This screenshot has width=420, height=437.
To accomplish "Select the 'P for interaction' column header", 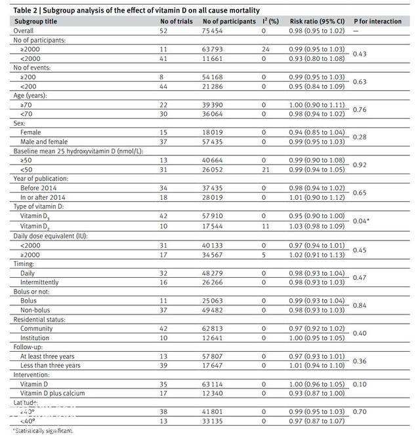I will point(377,21).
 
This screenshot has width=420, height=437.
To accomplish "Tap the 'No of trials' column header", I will point(177,21).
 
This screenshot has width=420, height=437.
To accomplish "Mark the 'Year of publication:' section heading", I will point(41,178).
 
